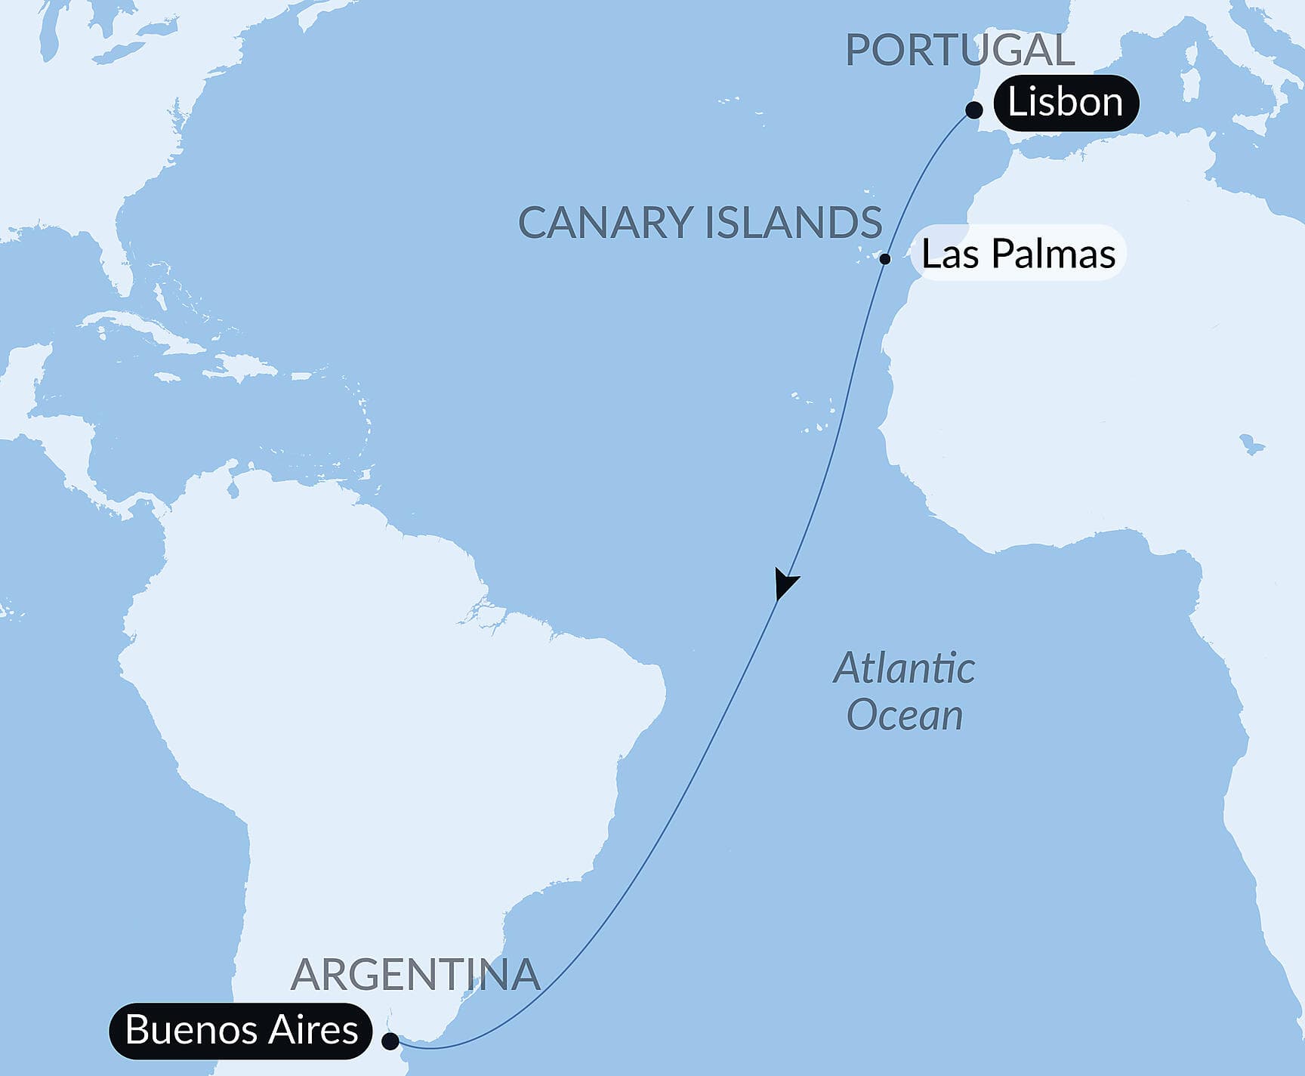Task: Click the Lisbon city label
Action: pos(1065,103)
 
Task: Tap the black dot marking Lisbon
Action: pos(974,110)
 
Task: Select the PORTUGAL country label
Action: pos(959,51)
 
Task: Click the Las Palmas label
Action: pos(1018,254)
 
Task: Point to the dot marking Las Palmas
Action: pos(885,259)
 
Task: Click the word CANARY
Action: pos(605,224)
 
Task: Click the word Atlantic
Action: pos(904,669)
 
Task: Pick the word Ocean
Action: pos(904,715)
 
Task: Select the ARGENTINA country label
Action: pos(415,975)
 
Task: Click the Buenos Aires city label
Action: pos(241,1030)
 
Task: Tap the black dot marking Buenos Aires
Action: pos(390,1041)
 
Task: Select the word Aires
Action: pos(316,1030)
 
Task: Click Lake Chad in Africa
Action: pos(1251,446)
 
